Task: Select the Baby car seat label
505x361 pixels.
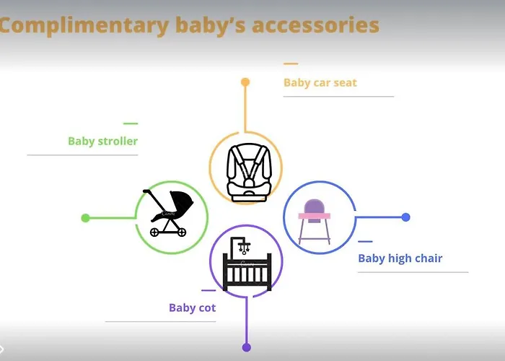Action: tap(320, 83)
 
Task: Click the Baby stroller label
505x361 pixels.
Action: tap(102, 142)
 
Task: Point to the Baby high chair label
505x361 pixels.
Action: tap(400, 258)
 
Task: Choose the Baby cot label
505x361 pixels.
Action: tap(192, 308)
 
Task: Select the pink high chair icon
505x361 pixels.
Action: tap(316, 219)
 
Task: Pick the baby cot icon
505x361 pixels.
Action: tap(247, 265)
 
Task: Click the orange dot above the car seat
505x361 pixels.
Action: tap(245, 82)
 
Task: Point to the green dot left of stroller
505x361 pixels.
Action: tap(85, 218)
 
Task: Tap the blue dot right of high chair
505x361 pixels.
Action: tap(405, 217)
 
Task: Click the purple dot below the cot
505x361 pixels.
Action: tap(246, 347)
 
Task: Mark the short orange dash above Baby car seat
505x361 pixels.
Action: tap(291, 64)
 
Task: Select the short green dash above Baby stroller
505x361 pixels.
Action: tap(131, 123)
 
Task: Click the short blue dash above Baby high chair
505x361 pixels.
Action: tap(366, 241)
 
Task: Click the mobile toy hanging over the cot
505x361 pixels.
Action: tap(245, 248)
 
